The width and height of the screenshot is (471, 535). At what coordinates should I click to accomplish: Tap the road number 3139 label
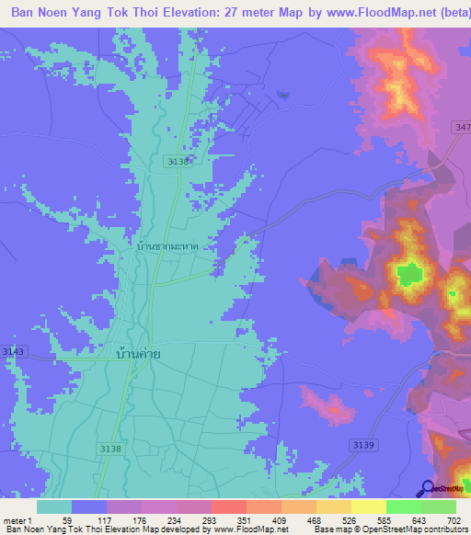point(363,444)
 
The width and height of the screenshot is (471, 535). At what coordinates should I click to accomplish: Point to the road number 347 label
point(462,127)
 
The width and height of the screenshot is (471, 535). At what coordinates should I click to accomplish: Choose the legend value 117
point(108,519)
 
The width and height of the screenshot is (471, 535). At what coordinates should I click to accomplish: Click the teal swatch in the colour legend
point(54,507)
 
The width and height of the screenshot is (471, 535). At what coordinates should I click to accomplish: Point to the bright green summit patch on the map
point(408,273)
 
